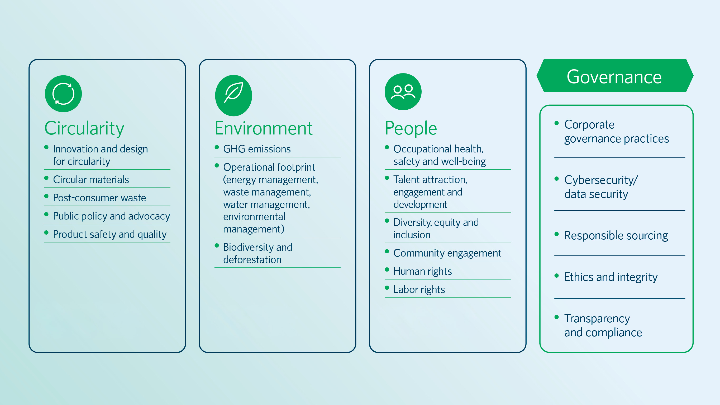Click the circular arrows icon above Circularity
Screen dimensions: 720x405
[63, 94]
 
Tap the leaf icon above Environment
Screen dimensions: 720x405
[234, 95]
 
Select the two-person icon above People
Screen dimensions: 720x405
[403, 92]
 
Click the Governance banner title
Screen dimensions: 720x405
[614, 77]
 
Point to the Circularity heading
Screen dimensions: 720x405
[84, 128]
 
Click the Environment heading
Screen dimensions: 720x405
[263, 128]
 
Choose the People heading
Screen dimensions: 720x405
[411, 128]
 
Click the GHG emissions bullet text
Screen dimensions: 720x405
[257, 149]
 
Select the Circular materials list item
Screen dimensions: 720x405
[91, 179]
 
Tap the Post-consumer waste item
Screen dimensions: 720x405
[99, 198]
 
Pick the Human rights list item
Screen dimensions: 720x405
[423, 271]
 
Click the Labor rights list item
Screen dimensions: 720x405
[419, 289]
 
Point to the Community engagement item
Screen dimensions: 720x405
[447, 253]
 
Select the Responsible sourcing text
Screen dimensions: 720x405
[616, 236]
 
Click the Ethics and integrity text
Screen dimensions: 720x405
[611, 277]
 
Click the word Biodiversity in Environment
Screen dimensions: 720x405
[249, 247]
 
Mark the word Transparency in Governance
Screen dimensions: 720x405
[597, 319]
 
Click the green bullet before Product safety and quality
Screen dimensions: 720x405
[46, 232]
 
